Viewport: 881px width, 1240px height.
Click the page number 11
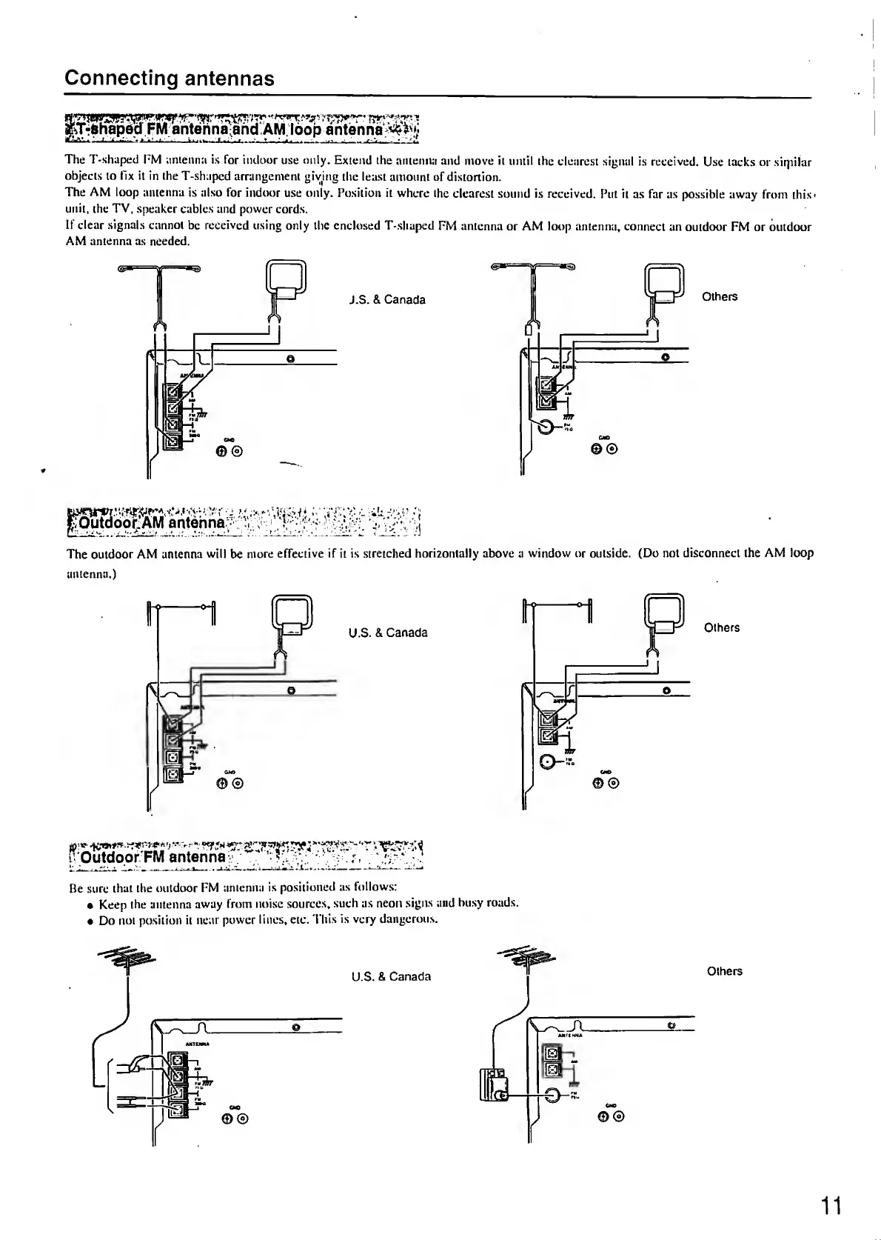coord(831,1207)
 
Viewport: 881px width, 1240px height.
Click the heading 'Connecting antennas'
coord(170,79)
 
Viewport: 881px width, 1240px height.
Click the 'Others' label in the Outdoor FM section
coord(724,971)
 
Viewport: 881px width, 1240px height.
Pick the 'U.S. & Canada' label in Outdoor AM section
coord(388,633)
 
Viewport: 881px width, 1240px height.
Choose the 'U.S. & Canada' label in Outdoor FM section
coord(391,976)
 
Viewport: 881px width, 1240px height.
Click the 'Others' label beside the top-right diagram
coord(720,297)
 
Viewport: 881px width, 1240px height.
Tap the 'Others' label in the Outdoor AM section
coord(722,627)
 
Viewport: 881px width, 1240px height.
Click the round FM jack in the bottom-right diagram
coord(553,1096)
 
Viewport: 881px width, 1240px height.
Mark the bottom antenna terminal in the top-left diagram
coord(172,441)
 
